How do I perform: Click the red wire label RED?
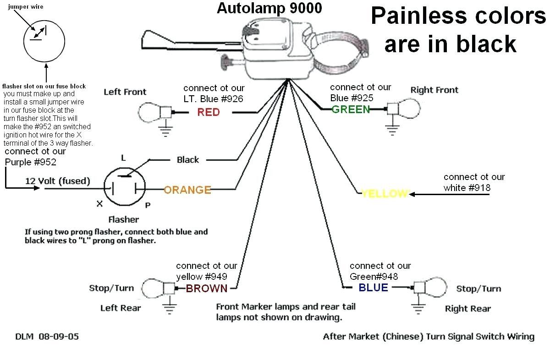[x=209, y=112]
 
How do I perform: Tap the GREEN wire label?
[x=351, y=109]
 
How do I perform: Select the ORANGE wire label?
[x=187, y=190]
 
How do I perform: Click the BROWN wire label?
[x=206, y=288]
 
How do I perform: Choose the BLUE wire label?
[x=373, y=288]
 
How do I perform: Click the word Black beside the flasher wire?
[x=188, y=160]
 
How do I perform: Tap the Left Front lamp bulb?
[x=149, y=111]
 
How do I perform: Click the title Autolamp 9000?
[x=269, y=8]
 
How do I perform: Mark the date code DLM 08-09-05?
[x=47, y=337]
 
